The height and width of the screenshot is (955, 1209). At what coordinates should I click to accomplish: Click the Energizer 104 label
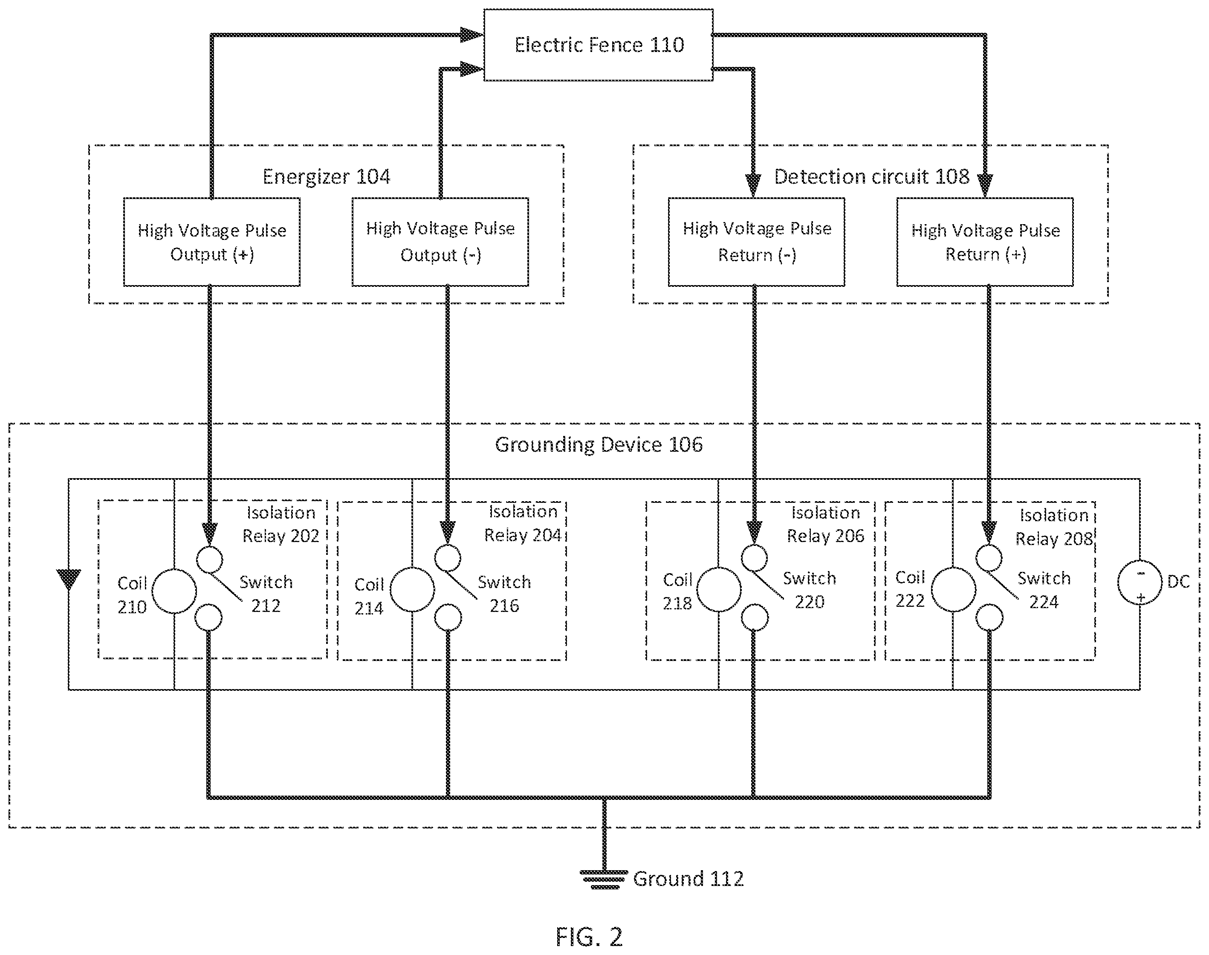click(327, 177)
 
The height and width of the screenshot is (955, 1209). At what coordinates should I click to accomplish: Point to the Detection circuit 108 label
click(871, 177)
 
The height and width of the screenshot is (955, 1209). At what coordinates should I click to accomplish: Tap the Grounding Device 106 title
click(599, 444)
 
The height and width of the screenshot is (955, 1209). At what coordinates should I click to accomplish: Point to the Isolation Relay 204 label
click(523, 523)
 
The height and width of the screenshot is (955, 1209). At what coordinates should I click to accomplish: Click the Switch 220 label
click(810, 590)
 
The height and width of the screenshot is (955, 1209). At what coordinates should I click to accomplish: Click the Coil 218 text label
click(678, 591)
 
